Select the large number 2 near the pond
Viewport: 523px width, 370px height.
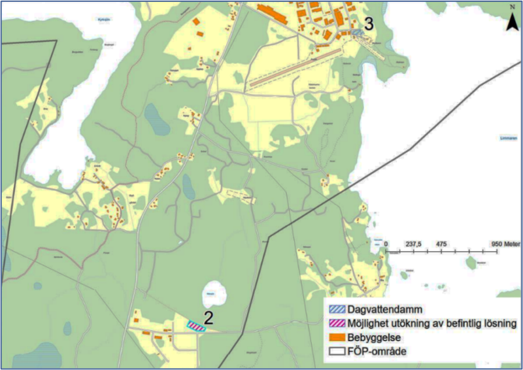(209, 318)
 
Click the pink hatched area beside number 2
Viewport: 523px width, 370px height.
(196, 326)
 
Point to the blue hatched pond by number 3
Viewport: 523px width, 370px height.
(357, 31)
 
